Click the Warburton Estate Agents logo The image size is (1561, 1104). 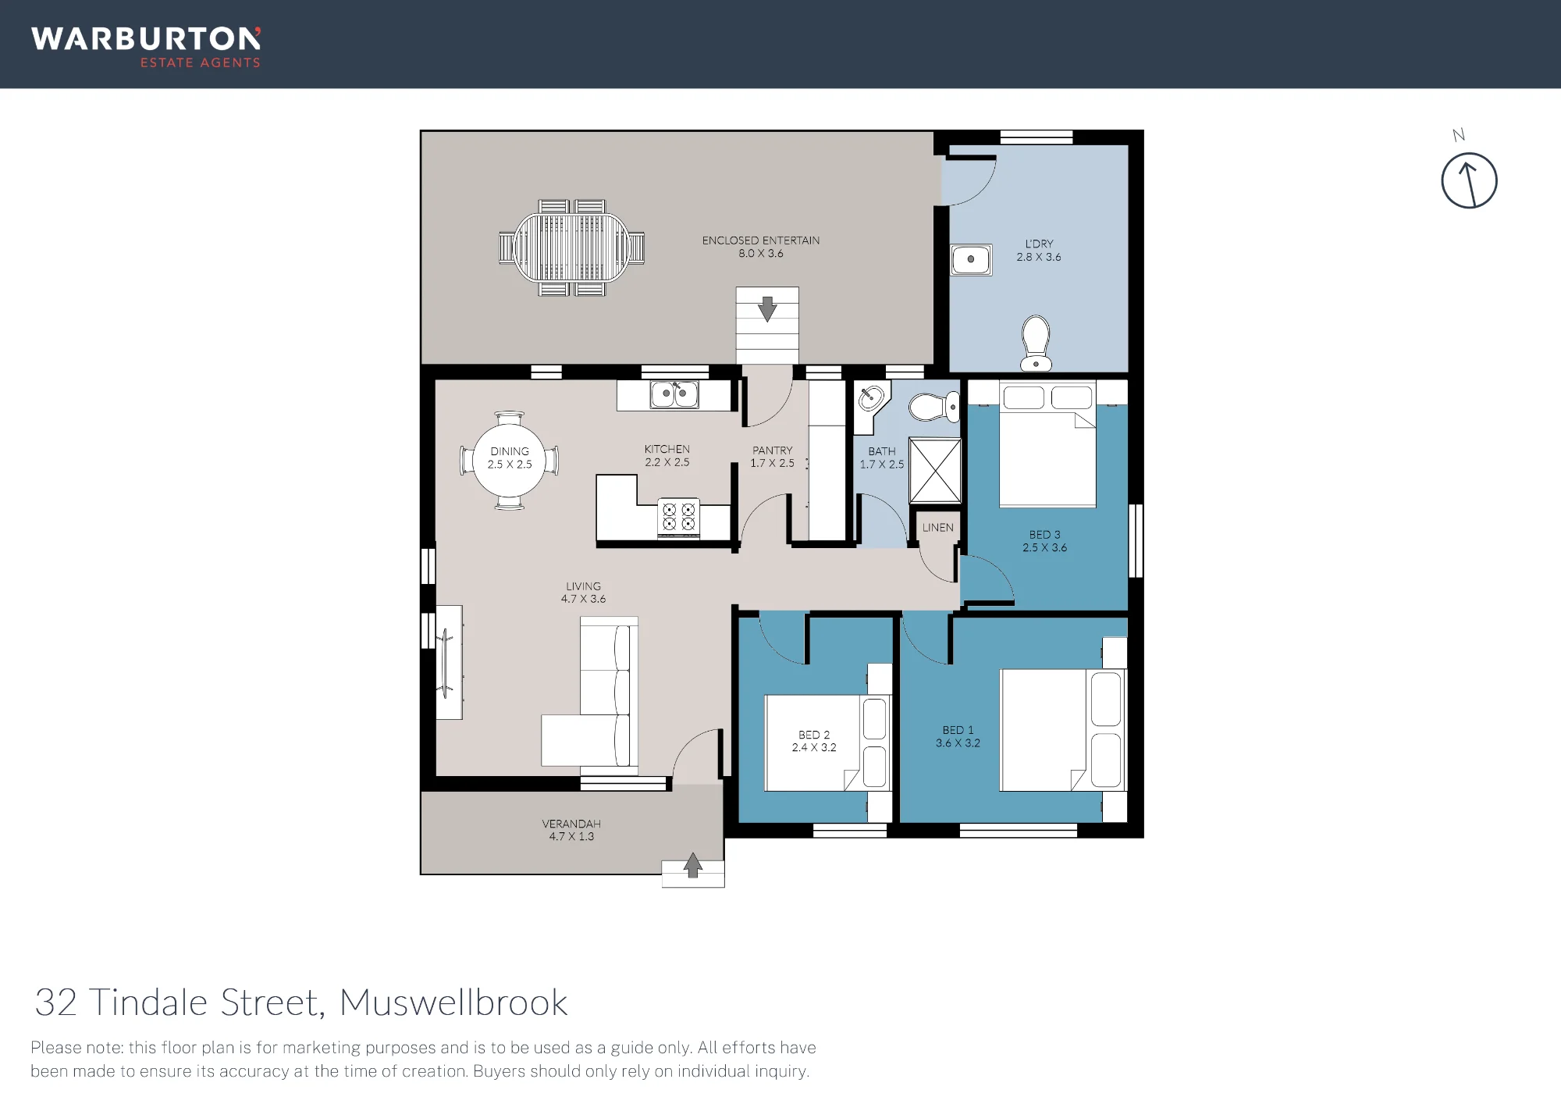click(x=146, y=48)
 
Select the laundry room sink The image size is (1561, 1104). click(x=971, y=259)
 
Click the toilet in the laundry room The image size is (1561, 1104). click(x=1036, y=343)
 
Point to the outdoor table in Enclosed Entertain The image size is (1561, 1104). click(x=572, y=248)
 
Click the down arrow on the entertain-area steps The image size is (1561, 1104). click(x=767, y=308)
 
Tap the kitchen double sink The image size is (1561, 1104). click(x=674, y=394)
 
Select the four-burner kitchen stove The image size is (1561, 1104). click(x=678, y=517)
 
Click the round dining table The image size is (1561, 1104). click(x=510, y=461)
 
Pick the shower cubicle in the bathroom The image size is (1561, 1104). click(x=935, y=470)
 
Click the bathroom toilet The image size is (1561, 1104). click(x=934, y=407)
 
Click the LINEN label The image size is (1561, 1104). click(x=937, y=528)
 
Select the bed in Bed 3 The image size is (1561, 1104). click(x=1047, y=444)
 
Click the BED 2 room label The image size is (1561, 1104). click(x=814, y=735)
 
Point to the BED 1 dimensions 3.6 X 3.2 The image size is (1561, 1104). click(x=958, y=743)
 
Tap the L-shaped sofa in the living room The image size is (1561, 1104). click(x=591, y=691)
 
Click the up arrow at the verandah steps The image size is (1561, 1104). click(x=693, y=865)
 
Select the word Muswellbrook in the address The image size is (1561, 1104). click(x=453, y=1003)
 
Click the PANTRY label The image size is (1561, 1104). click(x=772, y=451)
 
